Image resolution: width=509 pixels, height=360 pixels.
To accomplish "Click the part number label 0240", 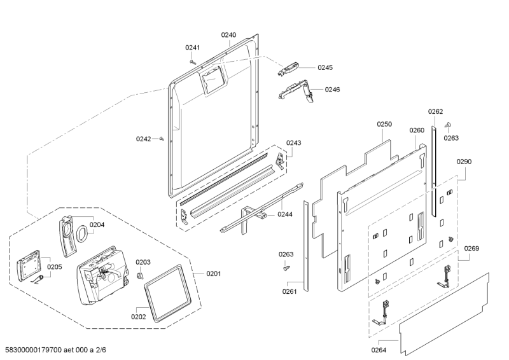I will pos(228,35).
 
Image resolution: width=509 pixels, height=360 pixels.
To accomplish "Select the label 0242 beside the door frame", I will pos(143,139).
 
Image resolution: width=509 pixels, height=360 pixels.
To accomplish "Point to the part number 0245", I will pos(325,67).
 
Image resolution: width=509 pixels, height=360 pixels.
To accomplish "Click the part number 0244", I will pos(284,214).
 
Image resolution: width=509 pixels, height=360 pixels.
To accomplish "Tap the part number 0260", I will pos(417,130).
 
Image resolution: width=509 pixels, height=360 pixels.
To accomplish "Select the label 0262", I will pos(435,111).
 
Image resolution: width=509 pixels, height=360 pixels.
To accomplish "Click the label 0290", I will pos(464,162).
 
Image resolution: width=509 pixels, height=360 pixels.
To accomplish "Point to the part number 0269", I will pos(471,248).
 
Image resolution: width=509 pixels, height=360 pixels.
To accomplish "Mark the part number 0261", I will pos(289,292).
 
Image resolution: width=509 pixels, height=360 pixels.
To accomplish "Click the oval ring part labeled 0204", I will pos(81,235).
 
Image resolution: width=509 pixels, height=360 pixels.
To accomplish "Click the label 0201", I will pos(214,274).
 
